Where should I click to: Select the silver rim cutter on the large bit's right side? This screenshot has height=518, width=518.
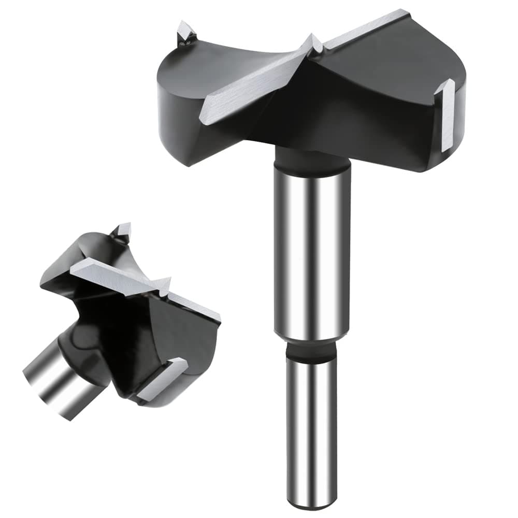445,117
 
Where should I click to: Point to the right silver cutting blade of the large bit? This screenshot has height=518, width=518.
363,28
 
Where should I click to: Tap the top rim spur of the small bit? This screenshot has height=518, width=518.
122,232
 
